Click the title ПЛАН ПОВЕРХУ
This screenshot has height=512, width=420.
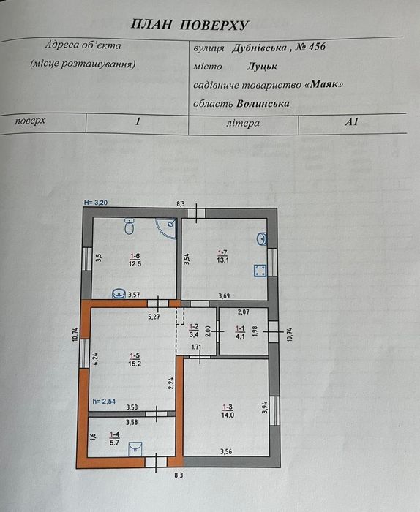point(190,25)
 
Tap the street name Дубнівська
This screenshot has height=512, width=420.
point(259,48)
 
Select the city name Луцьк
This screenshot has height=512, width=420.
point(262,67)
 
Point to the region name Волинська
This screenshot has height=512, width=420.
point(263,104)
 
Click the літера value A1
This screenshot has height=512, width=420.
point(351,122)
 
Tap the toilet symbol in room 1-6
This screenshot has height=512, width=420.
point(130,226)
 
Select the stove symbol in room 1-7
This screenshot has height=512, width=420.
point(260,271)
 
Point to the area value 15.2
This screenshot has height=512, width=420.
point(135,363)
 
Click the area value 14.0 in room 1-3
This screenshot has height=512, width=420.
point(228,415)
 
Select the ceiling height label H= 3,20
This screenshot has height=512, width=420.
point(96,203)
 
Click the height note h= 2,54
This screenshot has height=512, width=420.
point(104,401)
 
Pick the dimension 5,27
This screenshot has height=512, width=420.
point(154,317)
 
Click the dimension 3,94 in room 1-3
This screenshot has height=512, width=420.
point(265,407)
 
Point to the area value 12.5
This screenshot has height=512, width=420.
point(135,263)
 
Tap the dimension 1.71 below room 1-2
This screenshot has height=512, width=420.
point(196,347)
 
